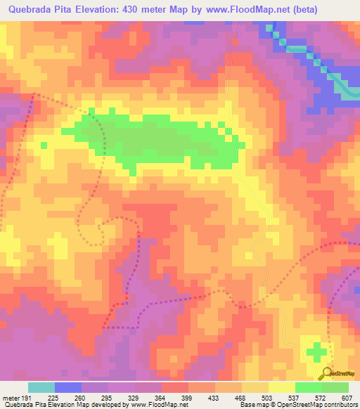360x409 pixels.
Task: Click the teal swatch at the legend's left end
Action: (41, 387)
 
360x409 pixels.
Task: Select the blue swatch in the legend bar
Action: (68, 387)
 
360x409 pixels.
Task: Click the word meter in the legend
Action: (10, 397)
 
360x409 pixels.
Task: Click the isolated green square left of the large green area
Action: (44, 145)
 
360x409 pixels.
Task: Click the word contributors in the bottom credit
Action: (340, 405)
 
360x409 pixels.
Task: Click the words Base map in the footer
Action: (252, 405)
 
